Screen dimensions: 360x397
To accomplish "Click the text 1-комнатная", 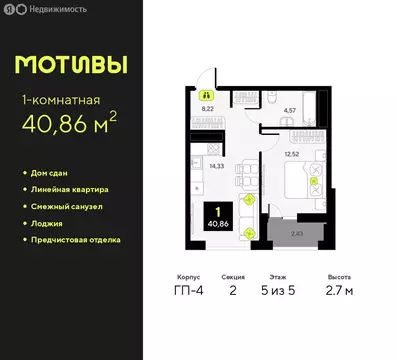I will click(x=59, y=99).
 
